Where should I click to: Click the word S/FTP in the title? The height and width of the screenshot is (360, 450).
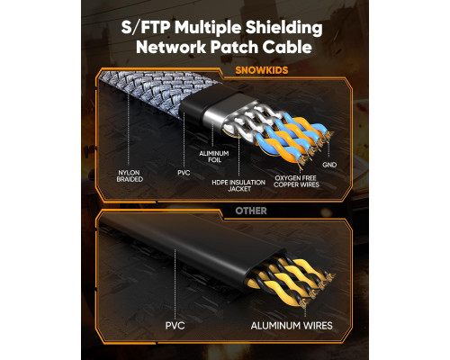coord(146,28)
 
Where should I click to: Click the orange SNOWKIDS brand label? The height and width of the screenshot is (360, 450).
coord(261,70)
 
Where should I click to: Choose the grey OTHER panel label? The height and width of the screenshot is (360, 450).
coord(251,211)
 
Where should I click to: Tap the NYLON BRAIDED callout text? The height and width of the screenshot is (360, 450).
coord(130,176)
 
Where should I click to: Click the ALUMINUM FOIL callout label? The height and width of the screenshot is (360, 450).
coord(214,157)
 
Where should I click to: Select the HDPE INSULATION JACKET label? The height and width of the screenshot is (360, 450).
coord(238,185)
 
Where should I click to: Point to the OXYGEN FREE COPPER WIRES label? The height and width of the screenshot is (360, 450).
coord(296,181)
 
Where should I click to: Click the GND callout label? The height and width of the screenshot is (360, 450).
coord(329,165)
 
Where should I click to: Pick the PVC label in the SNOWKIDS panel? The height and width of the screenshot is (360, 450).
coord(184,173)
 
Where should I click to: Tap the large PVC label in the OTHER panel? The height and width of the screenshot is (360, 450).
coord(175,326)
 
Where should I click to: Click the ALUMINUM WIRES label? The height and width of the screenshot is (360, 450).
coord(292,326)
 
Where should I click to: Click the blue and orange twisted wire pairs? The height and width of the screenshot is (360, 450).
coord(292,138)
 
